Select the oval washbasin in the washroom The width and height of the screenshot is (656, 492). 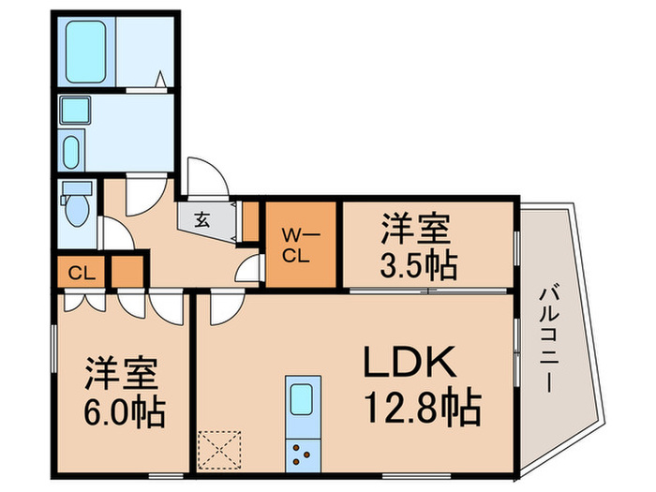point(71,151)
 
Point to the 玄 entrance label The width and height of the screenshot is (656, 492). point(201,222)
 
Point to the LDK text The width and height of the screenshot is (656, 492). point(409,363)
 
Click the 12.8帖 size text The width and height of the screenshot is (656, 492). point(422,408)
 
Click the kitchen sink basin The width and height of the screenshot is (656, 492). point(303,400)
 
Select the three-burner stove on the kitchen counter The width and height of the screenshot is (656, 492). point(304,455)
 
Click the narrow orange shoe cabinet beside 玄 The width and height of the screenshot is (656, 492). point(250,220)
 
